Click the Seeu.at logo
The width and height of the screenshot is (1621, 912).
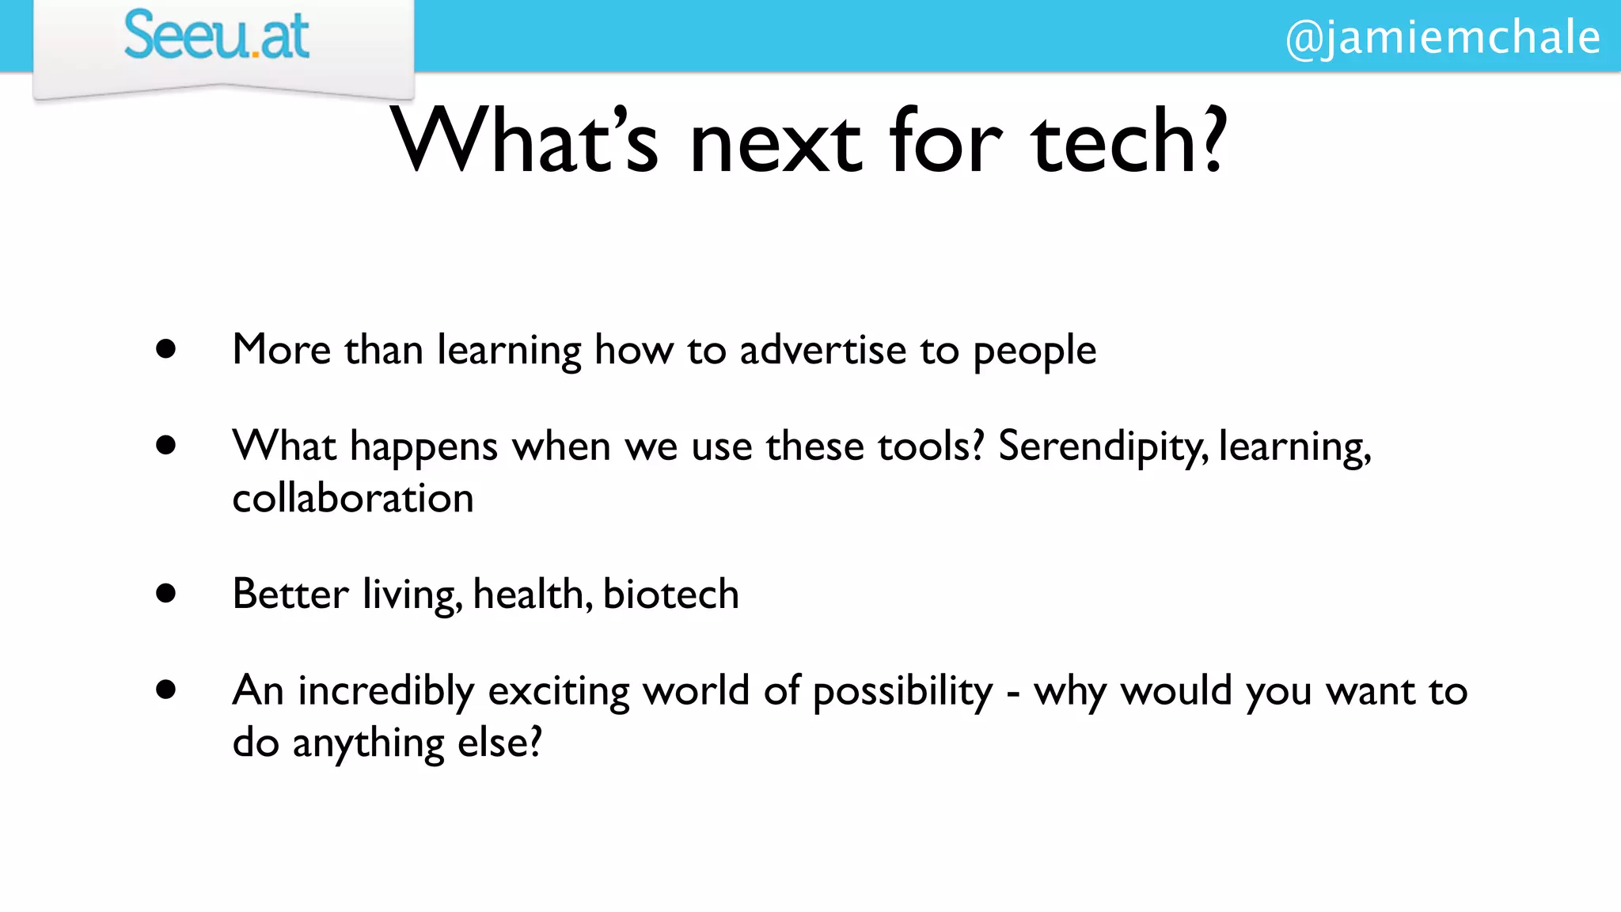[216, 36]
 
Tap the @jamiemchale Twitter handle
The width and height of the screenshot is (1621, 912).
[1442, 37]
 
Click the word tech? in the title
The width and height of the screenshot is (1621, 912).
[1129, 142]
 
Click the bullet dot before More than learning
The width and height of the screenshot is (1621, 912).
[165, 349]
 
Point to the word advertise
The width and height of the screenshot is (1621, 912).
[822, 350]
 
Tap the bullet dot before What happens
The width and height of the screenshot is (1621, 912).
[165, 446]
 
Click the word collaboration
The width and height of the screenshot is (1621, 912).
[353, 499]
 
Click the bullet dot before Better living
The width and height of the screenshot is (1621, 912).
[165, 593]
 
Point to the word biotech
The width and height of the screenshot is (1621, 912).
[670, 594]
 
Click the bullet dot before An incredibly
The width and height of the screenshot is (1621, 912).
[165, 690]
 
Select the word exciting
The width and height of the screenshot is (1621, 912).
[559, 691]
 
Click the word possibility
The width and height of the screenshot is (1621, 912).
[902, 691]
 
